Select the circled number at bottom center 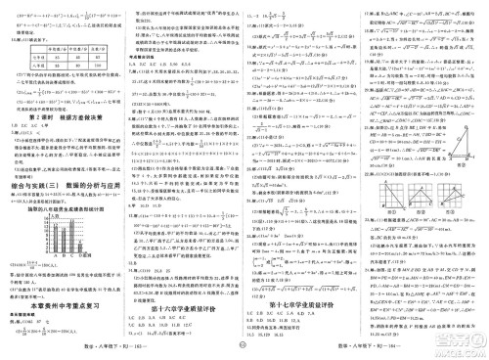click(244, 342)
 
